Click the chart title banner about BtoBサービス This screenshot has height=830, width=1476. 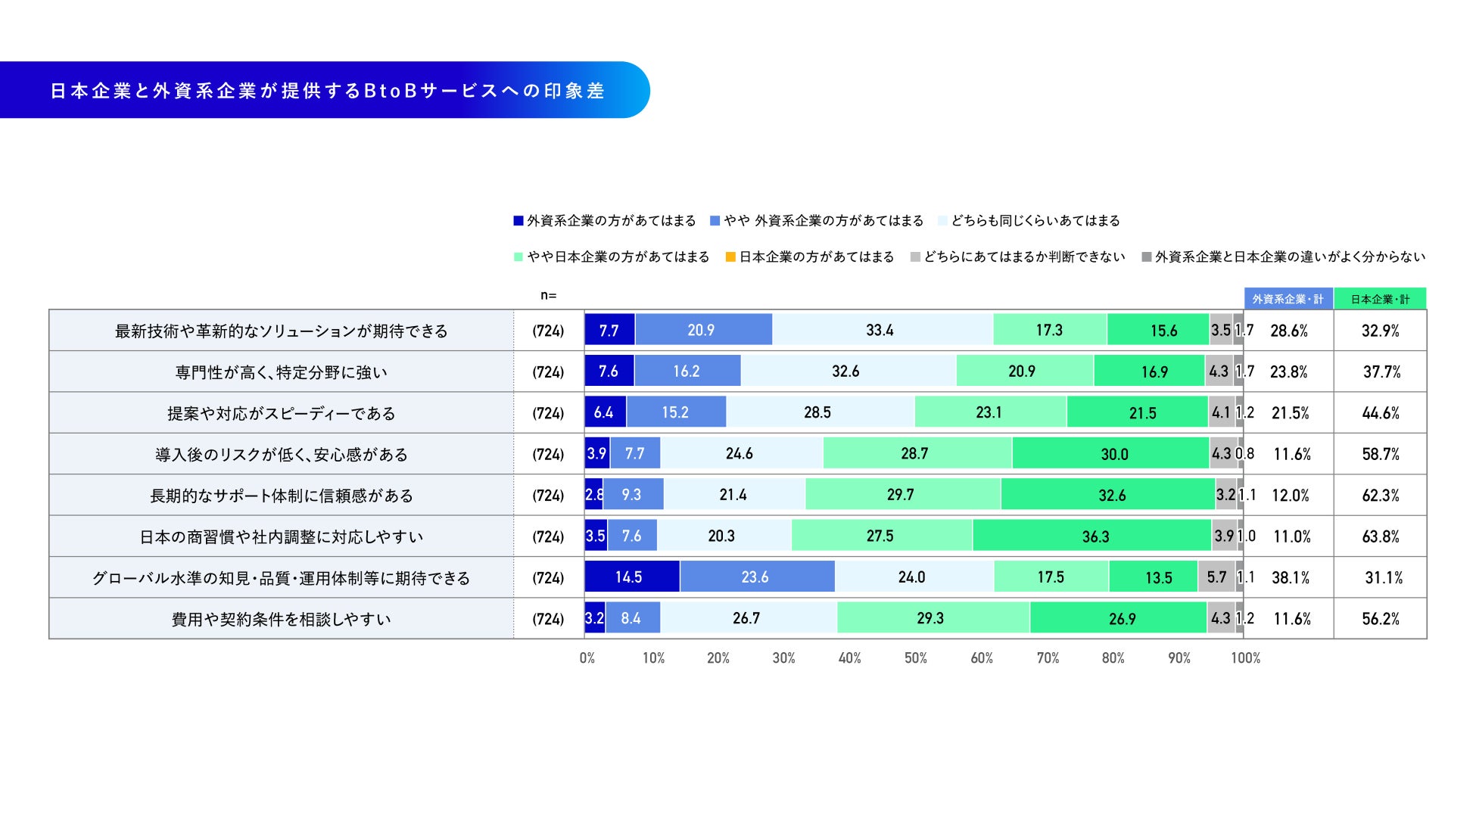pos(325,90)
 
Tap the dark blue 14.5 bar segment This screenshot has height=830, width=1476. pos(632,577)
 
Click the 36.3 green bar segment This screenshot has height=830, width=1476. pos(1092,536)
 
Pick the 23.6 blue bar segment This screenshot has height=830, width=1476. pos(757,577)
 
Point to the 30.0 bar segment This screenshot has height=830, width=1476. pos(1110,454)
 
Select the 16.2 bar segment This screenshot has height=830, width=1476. pos(687,371)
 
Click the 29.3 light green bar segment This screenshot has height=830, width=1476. pos(933,618)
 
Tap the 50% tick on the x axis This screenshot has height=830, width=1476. pos(916,658)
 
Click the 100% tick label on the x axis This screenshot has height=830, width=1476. pos(1245,658)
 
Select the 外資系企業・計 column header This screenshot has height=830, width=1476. pos(1288,299)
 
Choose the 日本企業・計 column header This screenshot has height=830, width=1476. pos(1380,299)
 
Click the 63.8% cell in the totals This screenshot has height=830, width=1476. pos(1381,536)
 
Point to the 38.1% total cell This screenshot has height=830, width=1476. pos(1291,578)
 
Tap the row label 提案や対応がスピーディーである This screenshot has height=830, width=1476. pos(282,413)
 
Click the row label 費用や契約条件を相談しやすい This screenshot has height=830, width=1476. pos(282,619)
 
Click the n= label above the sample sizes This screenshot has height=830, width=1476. pos(548,296)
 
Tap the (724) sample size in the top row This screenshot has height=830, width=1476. pos(548,331)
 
